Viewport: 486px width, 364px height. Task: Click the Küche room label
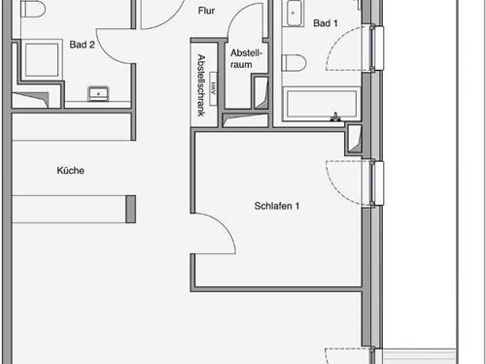pos(71,171)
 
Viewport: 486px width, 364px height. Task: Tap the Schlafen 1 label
pos(277,206)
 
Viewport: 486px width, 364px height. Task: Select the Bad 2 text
pos(82,45)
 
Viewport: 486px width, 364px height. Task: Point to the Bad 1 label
pos(326,23)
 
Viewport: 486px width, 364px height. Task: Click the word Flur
pos(206,11)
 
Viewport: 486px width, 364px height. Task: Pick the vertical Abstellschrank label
pos(201,85)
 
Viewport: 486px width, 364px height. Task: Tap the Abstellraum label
pos(246,58)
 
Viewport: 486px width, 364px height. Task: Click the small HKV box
pos(213,88)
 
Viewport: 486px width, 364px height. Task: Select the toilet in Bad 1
pos(294,62)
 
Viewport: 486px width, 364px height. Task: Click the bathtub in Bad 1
pos(322,104)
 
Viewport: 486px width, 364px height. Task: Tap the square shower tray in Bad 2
pos(42,59)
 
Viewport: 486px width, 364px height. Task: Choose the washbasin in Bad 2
pos(98,93)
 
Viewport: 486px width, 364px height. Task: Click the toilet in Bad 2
pos(32,9)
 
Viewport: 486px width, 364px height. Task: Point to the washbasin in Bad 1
pos(295,13)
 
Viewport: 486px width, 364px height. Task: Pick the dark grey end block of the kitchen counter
pos(130,209)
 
